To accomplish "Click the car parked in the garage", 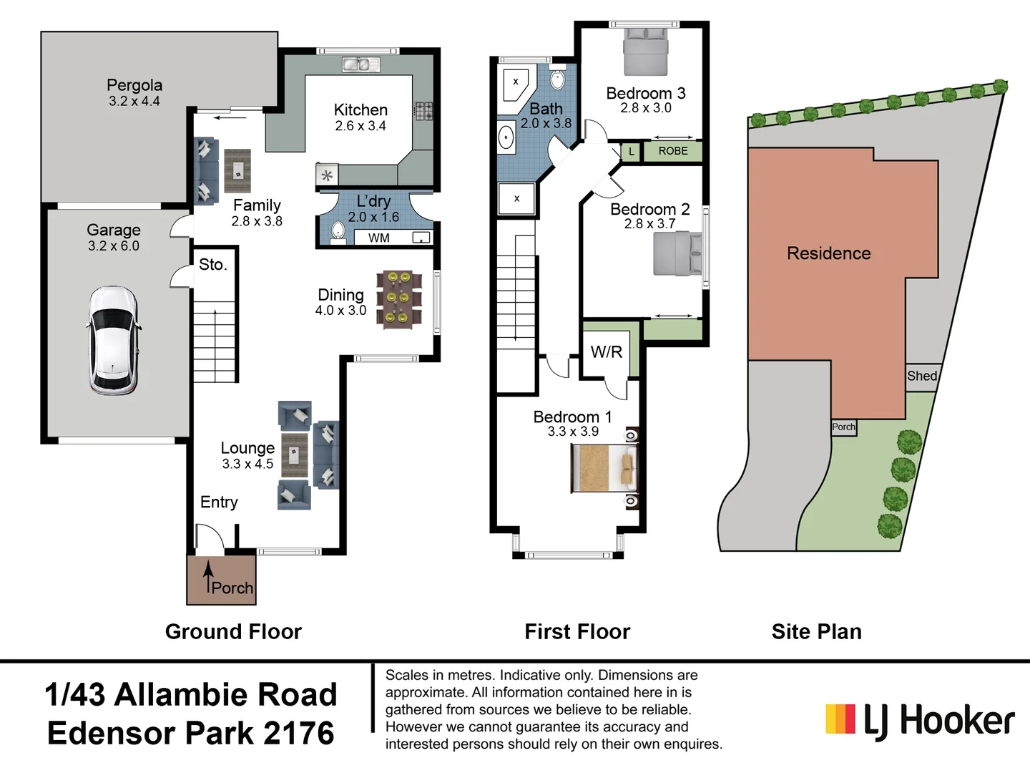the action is point(113,340).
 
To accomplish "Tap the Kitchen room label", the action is point(360,110).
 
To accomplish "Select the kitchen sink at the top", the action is point(360,65).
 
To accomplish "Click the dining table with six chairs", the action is point(398,299).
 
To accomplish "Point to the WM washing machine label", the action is point(379,238).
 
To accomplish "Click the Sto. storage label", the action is point(212,265).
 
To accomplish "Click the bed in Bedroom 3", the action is point(645,52).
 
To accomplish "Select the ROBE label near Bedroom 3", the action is point(672,151).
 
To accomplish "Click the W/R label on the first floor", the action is point(606,351).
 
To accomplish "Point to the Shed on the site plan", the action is point(921,376).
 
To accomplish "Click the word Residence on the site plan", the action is point(828,253).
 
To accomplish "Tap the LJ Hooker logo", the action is point(920,720).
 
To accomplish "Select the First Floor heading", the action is point(577,631).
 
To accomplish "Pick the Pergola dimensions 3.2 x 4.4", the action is point(134,102).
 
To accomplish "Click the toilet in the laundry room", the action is point(338,231).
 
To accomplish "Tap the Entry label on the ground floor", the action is point(219,502).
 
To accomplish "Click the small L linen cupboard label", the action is point(631,152).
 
